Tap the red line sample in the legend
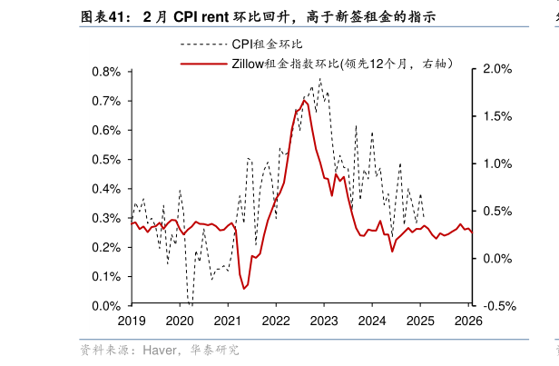tap(203, 64)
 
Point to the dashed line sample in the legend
tap(203, 44)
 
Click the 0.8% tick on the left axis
tap(107, 72)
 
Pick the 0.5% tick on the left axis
tap(107, 160)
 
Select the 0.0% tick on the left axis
tap(107, 306)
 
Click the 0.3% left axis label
tap(107, 218)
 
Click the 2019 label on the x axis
tap(132, 321)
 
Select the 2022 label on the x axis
tap(276, 321)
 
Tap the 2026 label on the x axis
tap(468, 321)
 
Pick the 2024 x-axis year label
tap(372, 321)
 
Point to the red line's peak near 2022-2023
tap(304, 100)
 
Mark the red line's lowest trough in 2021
tap(244, 288)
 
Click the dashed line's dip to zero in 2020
tap(190, 302)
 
